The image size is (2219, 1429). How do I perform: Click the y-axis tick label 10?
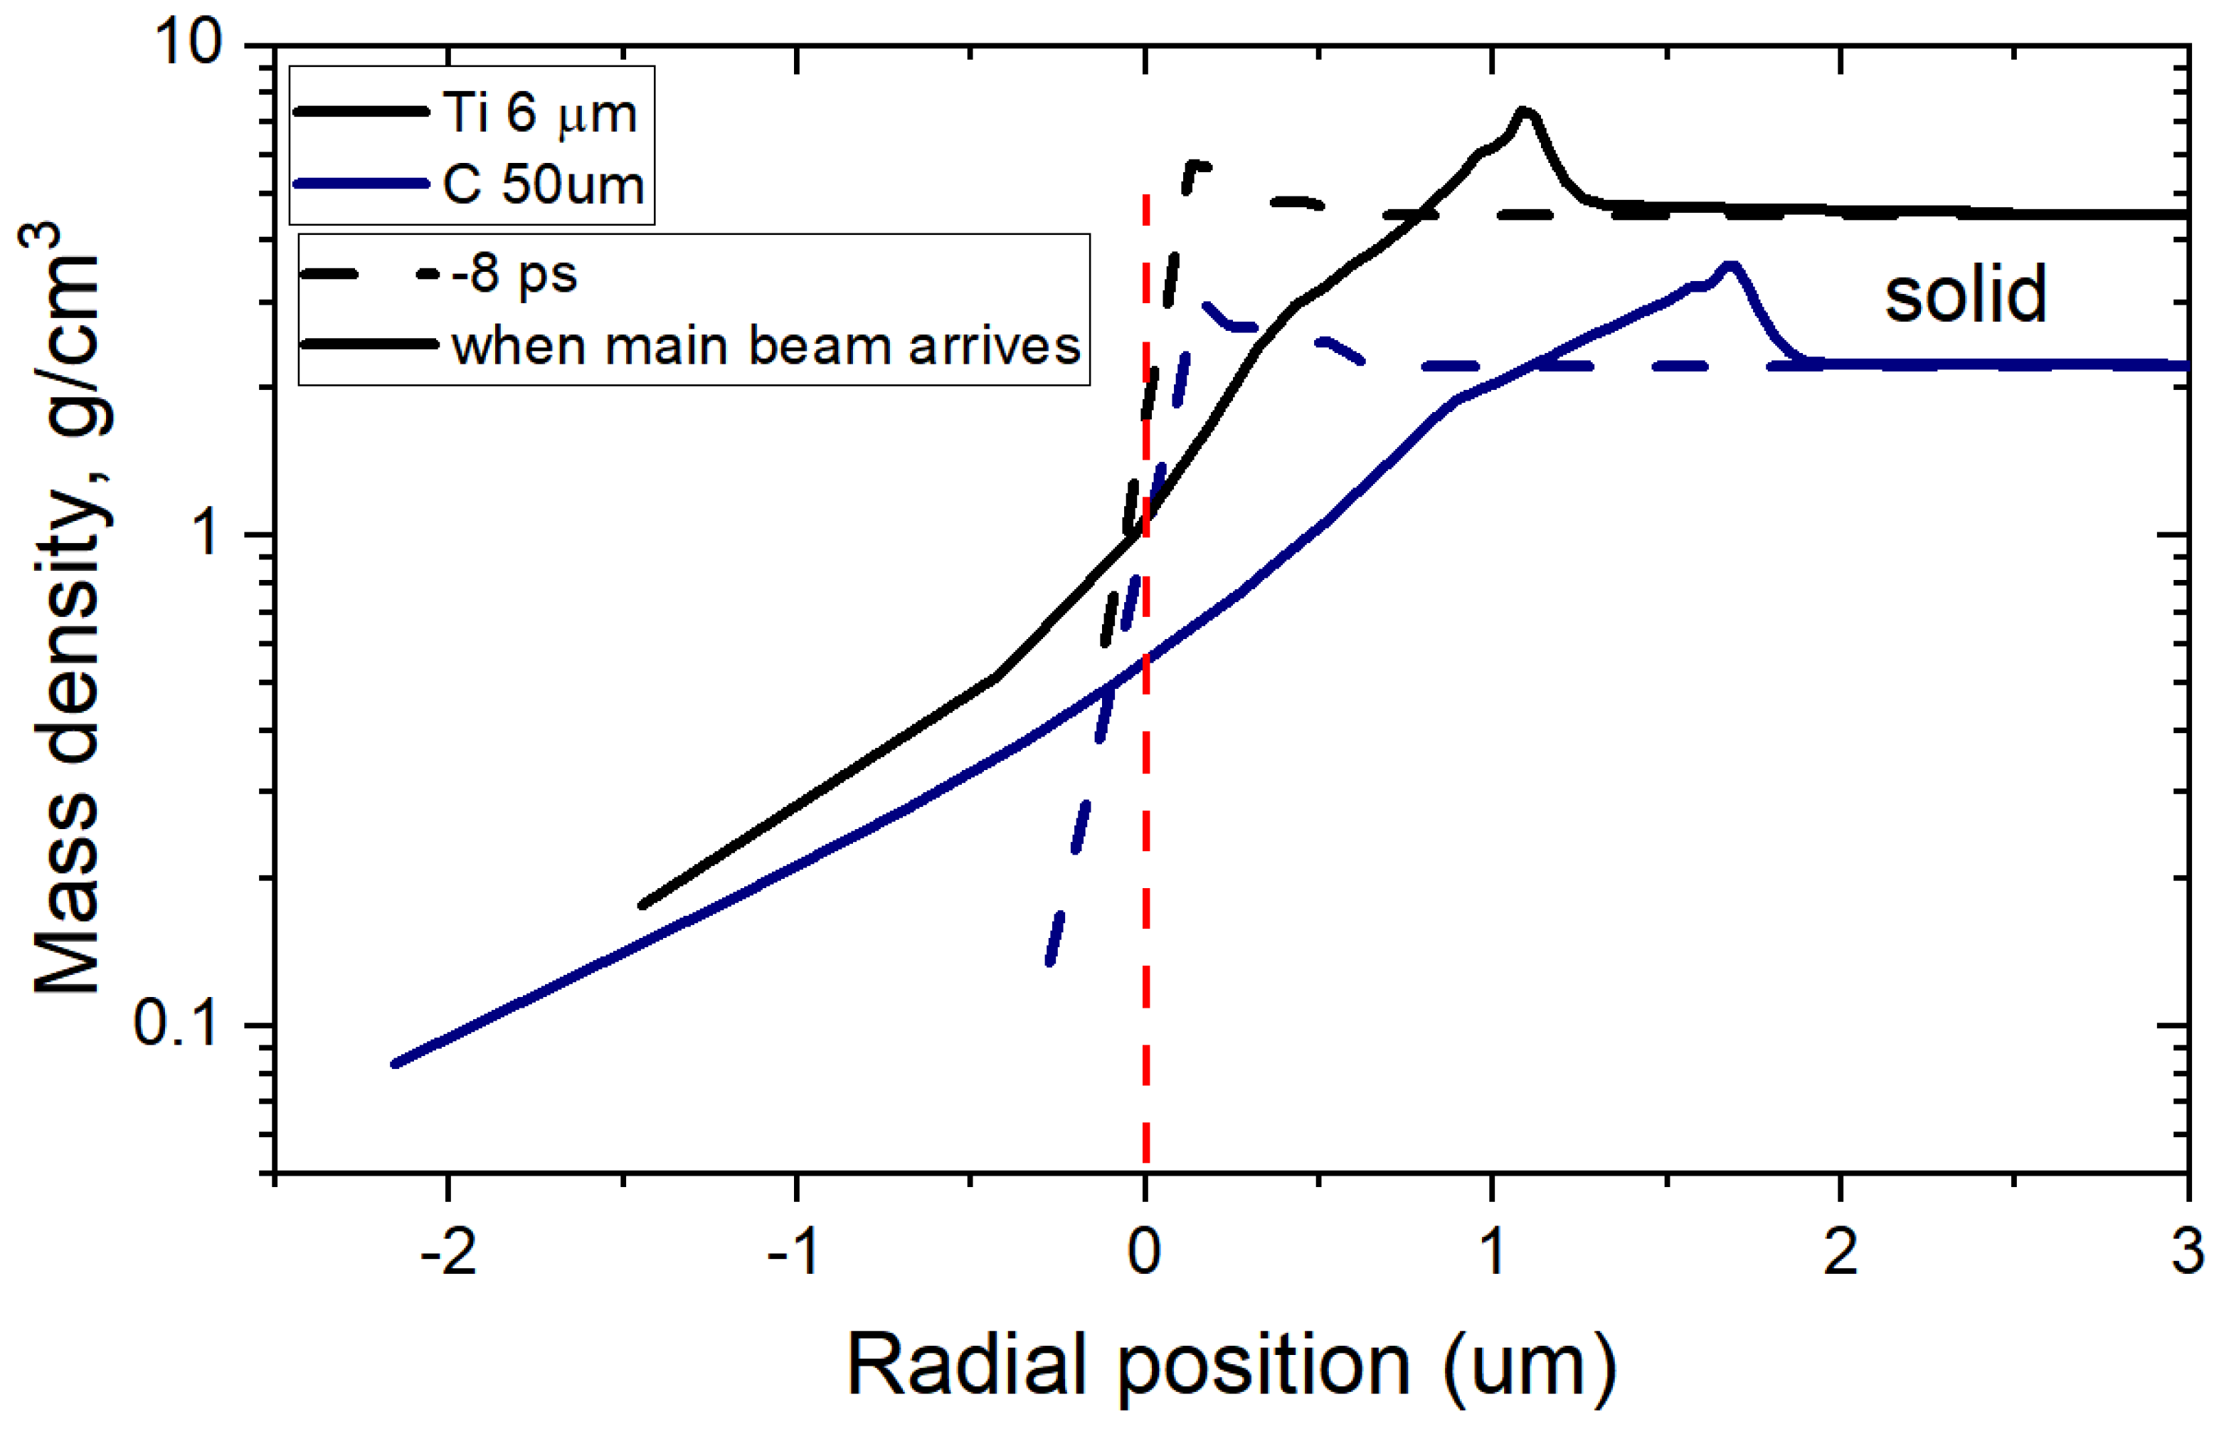point(190,43)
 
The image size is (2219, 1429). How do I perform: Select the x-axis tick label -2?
point(448,1252)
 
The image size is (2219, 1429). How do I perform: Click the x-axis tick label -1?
point(795,1252)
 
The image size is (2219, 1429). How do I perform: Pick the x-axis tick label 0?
point(1145,1252)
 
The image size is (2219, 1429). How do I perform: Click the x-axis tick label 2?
point(1841,1252)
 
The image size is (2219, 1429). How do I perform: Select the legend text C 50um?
point(544,184)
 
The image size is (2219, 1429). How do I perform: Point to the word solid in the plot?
point(1965,294)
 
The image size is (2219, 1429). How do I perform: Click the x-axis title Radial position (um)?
point(1231,1365)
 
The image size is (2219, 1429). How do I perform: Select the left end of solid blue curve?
point(396,1063)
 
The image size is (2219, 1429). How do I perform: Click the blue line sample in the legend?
point(360,184)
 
